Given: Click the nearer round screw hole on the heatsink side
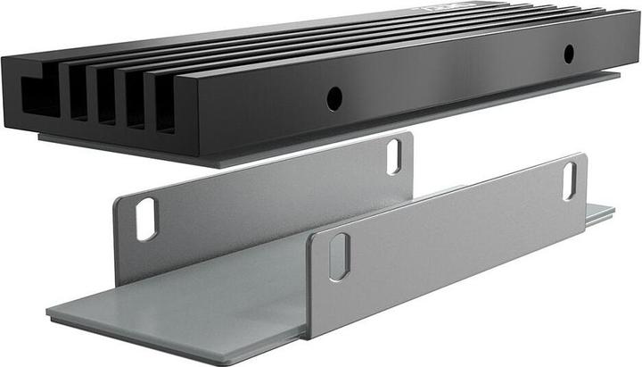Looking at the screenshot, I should click(x=334, y=99).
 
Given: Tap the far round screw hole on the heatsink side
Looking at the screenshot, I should click(x=568, y=53).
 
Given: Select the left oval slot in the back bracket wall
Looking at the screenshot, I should click(x=145, y=219).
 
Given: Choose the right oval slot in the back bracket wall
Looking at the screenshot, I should click(x=393, y=157).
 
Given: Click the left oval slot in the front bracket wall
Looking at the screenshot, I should click(x=339, y=257).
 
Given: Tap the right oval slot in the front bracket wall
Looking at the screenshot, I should click(x=569, y=180).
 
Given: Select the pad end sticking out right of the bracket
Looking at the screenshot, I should click(x=600, y=213).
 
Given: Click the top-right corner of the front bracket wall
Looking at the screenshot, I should click(x=581, y=155).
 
